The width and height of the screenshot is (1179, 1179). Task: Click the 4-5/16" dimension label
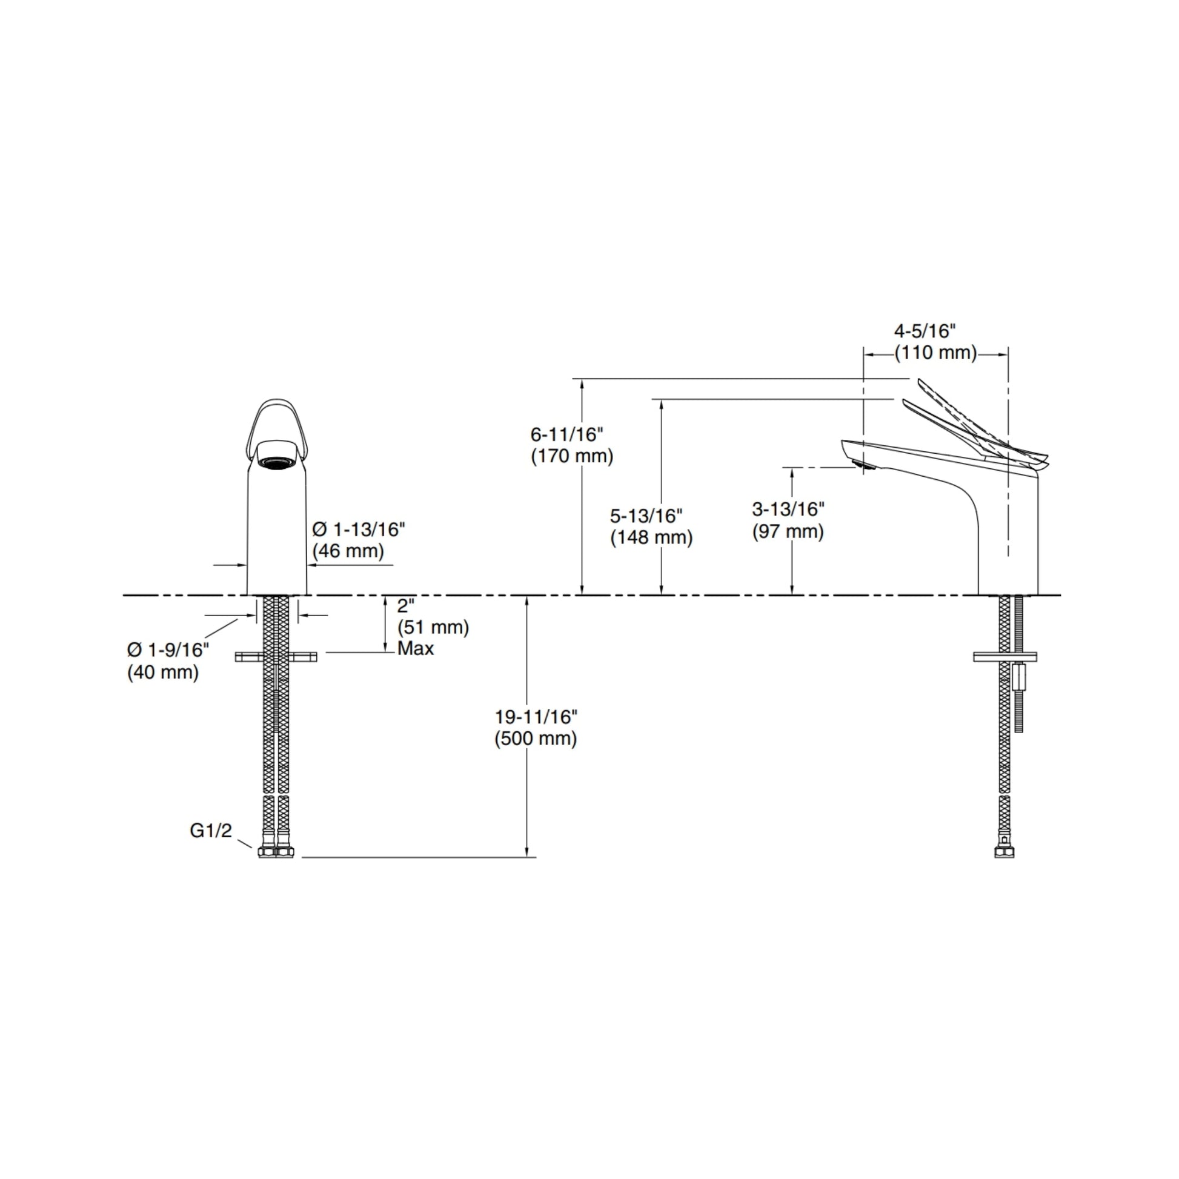click(x=924, y=331)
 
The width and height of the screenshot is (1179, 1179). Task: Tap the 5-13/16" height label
click(x=646, y=516)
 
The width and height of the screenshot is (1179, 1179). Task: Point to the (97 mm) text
click(x=788, y=531)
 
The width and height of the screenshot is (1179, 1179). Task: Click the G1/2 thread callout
click(x=211, y=831)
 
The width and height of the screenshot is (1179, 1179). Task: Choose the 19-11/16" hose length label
click(x=536, y=716)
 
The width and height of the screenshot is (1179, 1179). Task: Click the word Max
click(x=416, y=649)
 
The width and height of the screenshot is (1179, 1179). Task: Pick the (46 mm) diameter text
click(x=348, y=551)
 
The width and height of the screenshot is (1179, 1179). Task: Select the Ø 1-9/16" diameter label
click(x=168, y=649)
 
